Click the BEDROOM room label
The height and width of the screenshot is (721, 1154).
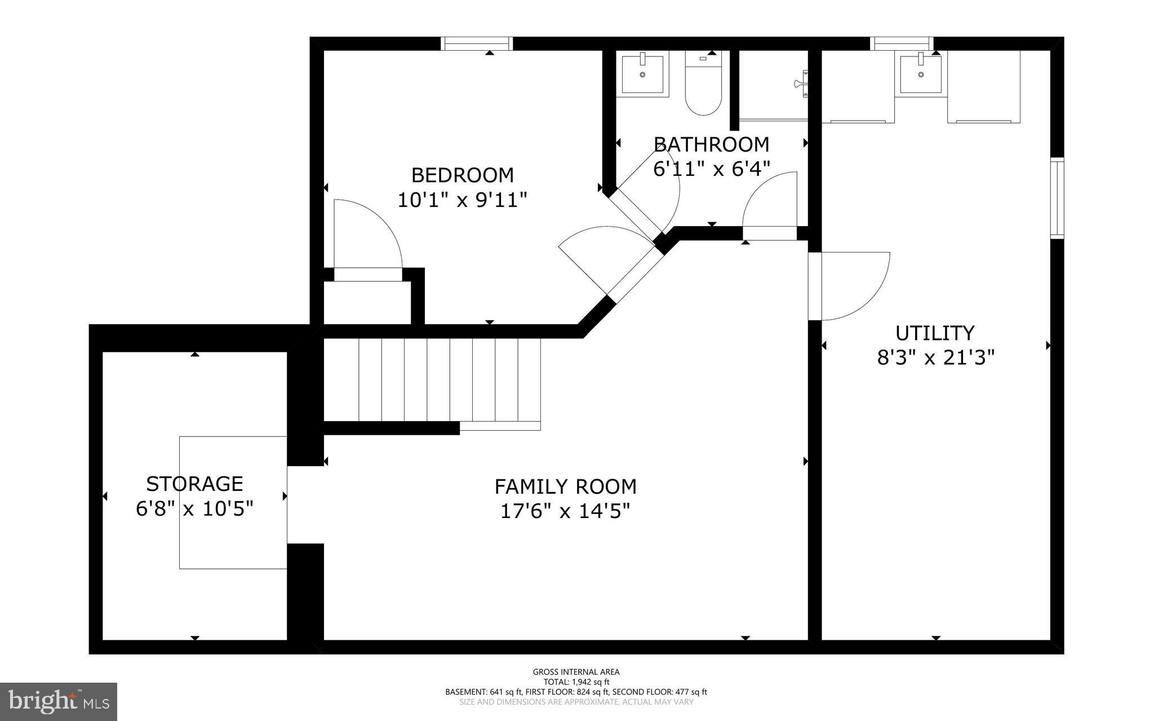[462, 175]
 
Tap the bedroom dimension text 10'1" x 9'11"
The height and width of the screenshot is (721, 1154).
[462, 200]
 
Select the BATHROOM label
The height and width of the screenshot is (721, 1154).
[711, 144]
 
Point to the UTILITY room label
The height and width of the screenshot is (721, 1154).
[935, 333]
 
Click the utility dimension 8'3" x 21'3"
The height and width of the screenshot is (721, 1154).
[935, 357]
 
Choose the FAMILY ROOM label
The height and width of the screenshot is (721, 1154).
[565, 486]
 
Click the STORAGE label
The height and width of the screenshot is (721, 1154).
[194, 484]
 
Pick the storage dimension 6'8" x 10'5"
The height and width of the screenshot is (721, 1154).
[194, 508]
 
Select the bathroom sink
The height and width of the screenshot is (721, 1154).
[642, 73]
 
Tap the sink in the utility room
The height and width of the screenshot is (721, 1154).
[921, 73]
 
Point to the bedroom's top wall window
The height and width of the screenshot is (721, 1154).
[476, 43]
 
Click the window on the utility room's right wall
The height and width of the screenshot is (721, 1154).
[1057, 197]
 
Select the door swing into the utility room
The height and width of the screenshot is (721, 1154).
[851, 285]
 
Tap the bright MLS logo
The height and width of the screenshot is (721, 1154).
[59, 701]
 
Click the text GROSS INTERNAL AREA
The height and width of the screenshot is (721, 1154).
[576, 671]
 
